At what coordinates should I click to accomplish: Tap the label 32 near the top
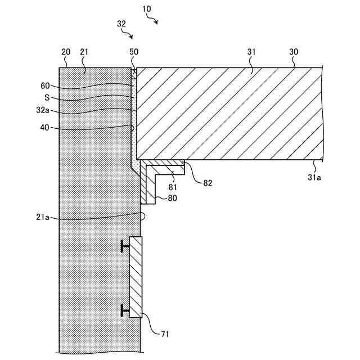121,24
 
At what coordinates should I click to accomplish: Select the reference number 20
66,52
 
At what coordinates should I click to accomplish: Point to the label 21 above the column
84,52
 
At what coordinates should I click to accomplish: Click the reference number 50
133,52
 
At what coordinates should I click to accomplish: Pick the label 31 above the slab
251,52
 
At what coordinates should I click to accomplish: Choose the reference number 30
294,52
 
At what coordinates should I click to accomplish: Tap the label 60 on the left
45,86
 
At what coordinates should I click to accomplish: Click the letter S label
47,97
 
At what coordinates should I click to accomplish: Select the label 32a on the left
42,111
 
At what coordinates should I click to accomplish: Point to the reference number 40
45,127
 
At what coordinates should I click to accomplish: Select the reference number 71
164,335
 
